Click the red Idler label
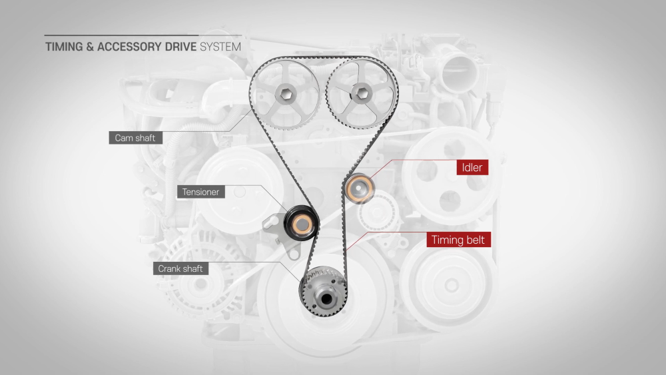472,167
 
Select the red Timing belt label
458,240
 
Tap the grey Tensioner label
201,192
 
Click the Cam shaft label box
135,138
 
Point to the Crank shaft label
180,268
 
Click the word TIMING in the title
64,47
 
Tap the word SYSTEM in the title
220,47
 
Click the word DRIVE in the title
180,47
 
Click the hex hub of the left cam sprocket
286,93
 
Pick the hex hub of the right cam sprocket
362,93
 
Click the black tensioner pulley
301,223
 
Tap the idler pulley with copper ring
360,188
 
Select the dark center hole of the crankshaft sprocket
326,299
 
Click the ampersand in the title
90,47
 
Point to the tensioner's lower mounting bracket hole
293,254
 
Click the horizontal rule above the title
143,35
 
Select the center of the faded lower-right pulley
451,285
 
